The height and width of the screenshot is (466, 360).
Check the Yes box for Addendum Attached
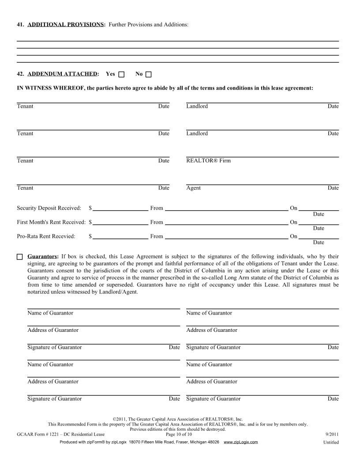click(x=122, y=74)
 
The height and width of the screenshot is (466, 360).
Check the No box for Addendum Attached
click(x=148, y=74)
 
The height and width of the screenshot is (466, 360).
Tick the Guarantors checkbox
click(x=19, y=256)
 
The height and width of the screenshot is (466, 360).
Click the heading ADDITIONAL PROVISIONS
click(x=66, y=25)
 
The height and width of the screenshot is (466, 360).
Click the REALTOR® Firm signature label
click(x=208, y=161)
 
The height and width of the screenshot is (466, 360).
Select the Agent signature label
click(x=193, y=188)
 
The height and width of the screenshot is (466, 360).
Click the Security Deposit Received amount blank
click(x=120, y=207)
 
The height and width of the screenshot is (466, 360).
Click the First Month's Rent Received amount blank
click(x=120, y=222)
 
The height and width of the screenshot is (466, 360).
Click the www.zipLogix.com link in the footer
click(x=241, y=442)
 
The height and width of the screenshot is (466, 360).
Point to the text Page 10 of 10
click(x=179, y=435)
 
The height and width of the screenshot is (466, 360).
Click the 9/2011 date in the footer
click(x=331, y=435)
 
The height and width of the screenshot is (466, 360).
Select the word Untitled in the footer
click(x=330, y=442)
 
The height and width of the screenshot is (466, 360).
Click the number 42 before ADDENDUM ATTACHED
click(x=20, y=74)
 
